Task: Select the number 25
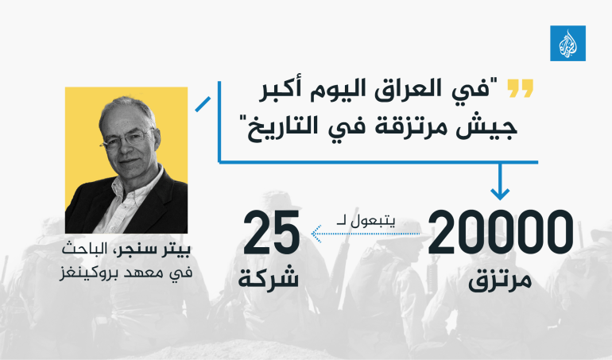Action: click(272, 230)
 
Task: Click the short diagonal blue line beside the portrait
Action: click(203, 104)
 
